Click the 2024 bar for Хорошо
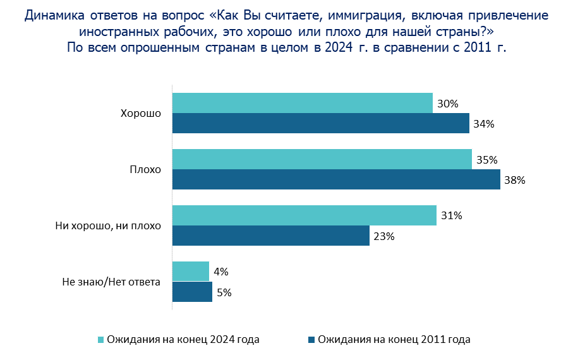302,103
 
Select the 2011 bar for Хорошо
320,123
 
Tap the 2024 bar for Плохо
322,159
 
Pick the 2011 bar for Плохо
336,179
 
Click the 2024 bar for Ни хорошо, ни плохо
304,215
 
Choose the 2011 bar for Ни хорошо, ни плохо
270,236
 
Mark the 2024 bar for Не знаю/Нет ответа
190,272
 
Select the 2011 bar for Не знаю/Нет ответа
192,292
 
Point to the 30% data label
447,104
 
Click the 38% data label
515,180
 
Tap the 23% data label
384,236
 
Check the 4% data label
221,272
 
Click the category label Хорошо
141,114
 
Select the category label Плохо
145,170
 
